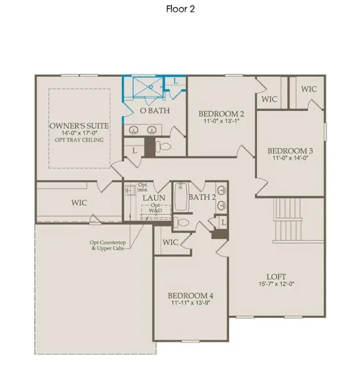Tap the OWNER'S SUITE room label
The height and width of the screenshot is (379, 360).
[79, 126]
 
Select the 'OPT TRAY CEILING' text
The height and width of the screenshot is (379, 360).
[79, 140]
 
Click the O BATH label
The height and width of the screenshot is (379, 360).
[155, 111]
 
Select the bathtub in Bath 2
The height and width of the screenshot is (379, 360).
[179, 197]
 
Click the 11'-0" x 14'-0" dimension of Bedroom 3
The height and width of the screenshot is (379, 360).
[290, 159]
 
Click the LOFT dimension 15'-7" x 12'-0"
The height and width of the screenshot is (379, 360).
[276, 285]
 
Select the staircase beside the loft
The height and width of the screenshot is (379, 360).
[288, 219]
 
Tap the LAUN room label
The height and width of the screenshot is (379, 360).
[150, 198]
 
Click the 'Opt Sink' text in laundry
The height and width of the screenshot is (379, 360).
[143, 186]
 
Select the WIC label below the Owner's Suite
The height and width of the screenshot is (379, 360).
[79, 202]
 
